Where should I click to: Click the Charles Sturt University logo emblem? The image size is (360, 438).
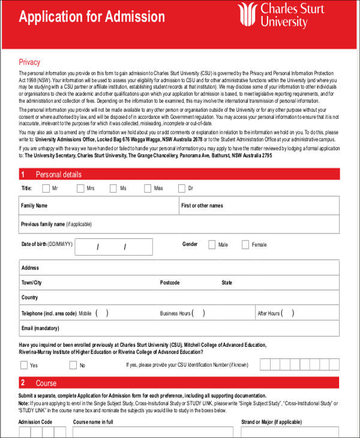(247, 15)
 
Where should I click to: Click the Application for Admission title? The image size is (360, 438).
(92, 16)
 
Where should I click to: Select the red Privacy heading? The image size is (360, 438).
(29, 62)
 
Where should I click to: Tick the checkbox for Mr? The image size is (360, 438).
(46, 188)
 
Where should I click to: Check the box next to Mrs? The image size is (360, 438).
(80, 188)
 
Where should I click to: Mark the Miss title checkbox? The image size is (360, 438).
(148, 188)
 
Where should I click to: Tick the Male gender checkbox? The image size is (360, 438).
(212, 245)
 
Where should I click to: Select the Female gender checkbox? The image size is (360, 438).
(245, 245)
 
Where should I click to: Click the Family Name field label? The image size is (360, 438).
(34, 206)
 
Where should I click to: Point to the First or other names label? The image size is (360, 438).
(202, 206)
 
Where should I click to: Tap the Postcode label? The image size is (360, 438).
(170, 283)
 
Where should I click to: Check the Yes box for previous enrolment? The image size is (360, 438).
(23, 365)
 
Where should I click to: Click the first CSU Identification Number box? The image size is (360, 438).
(265, 364)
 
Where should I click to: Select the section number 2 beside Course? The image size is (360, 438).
(23, 383)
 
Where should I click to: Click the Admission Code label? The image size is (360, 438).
(35, 422)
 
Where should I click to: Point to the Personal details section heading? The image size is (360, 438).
(59, 175)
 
